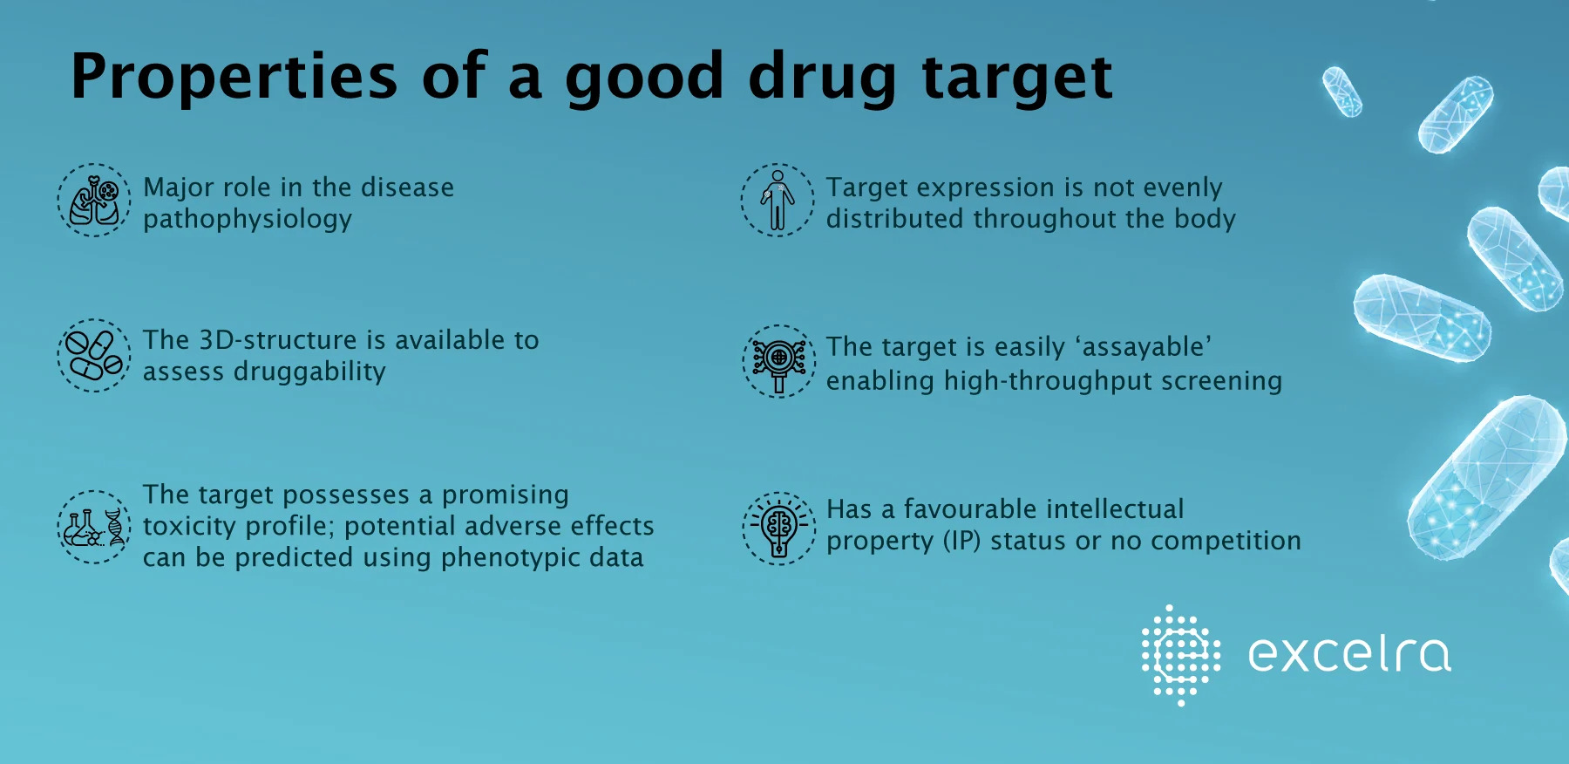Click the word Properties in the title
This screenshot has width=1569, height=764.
click(x=234, y=76)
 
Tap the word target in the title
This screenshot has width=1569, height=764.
click(x=1017, y=78)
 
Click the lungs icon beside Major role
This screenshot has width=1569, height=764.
click(x=94, y=201)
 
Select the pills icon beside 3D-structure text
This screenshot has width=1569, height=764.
click(x=94, y=356)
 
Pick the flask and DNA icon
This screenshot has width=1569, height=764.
click(x=94, y=527)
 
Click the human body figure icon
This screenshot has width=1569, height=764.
click(x=778, y=201)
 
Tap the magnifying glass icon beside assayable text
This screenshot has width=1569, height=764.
click(x=779, y=361)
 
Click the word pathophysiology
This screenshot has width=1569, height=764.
click(x=248, y=219)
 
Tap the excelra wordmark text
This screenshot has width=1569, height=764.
click(x=1350, y=655)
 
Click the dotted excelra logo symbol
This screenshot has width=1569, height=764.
click(x=1181, y=655)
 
